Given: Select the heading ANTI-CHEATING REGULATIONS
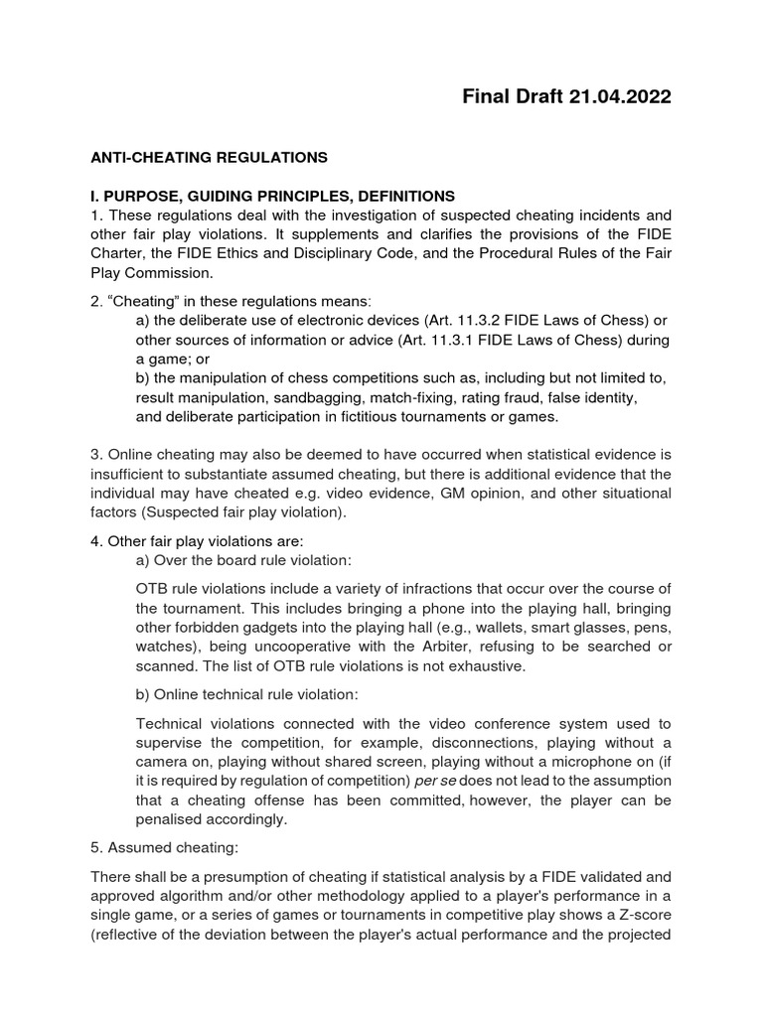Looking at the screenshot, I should pyautogui.click(x=209, y=157).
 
